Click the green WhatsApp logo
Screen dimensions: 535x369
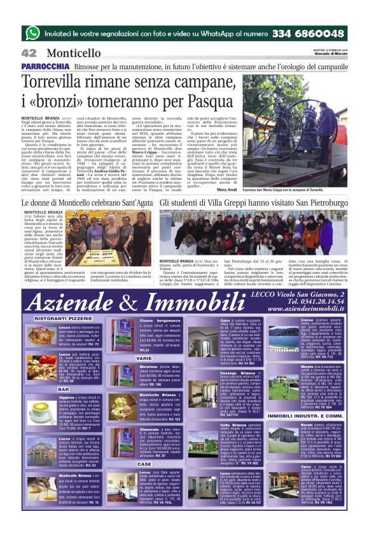pos(32,32)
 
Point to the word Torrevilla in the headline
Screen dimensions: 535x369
pos(57,81)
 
